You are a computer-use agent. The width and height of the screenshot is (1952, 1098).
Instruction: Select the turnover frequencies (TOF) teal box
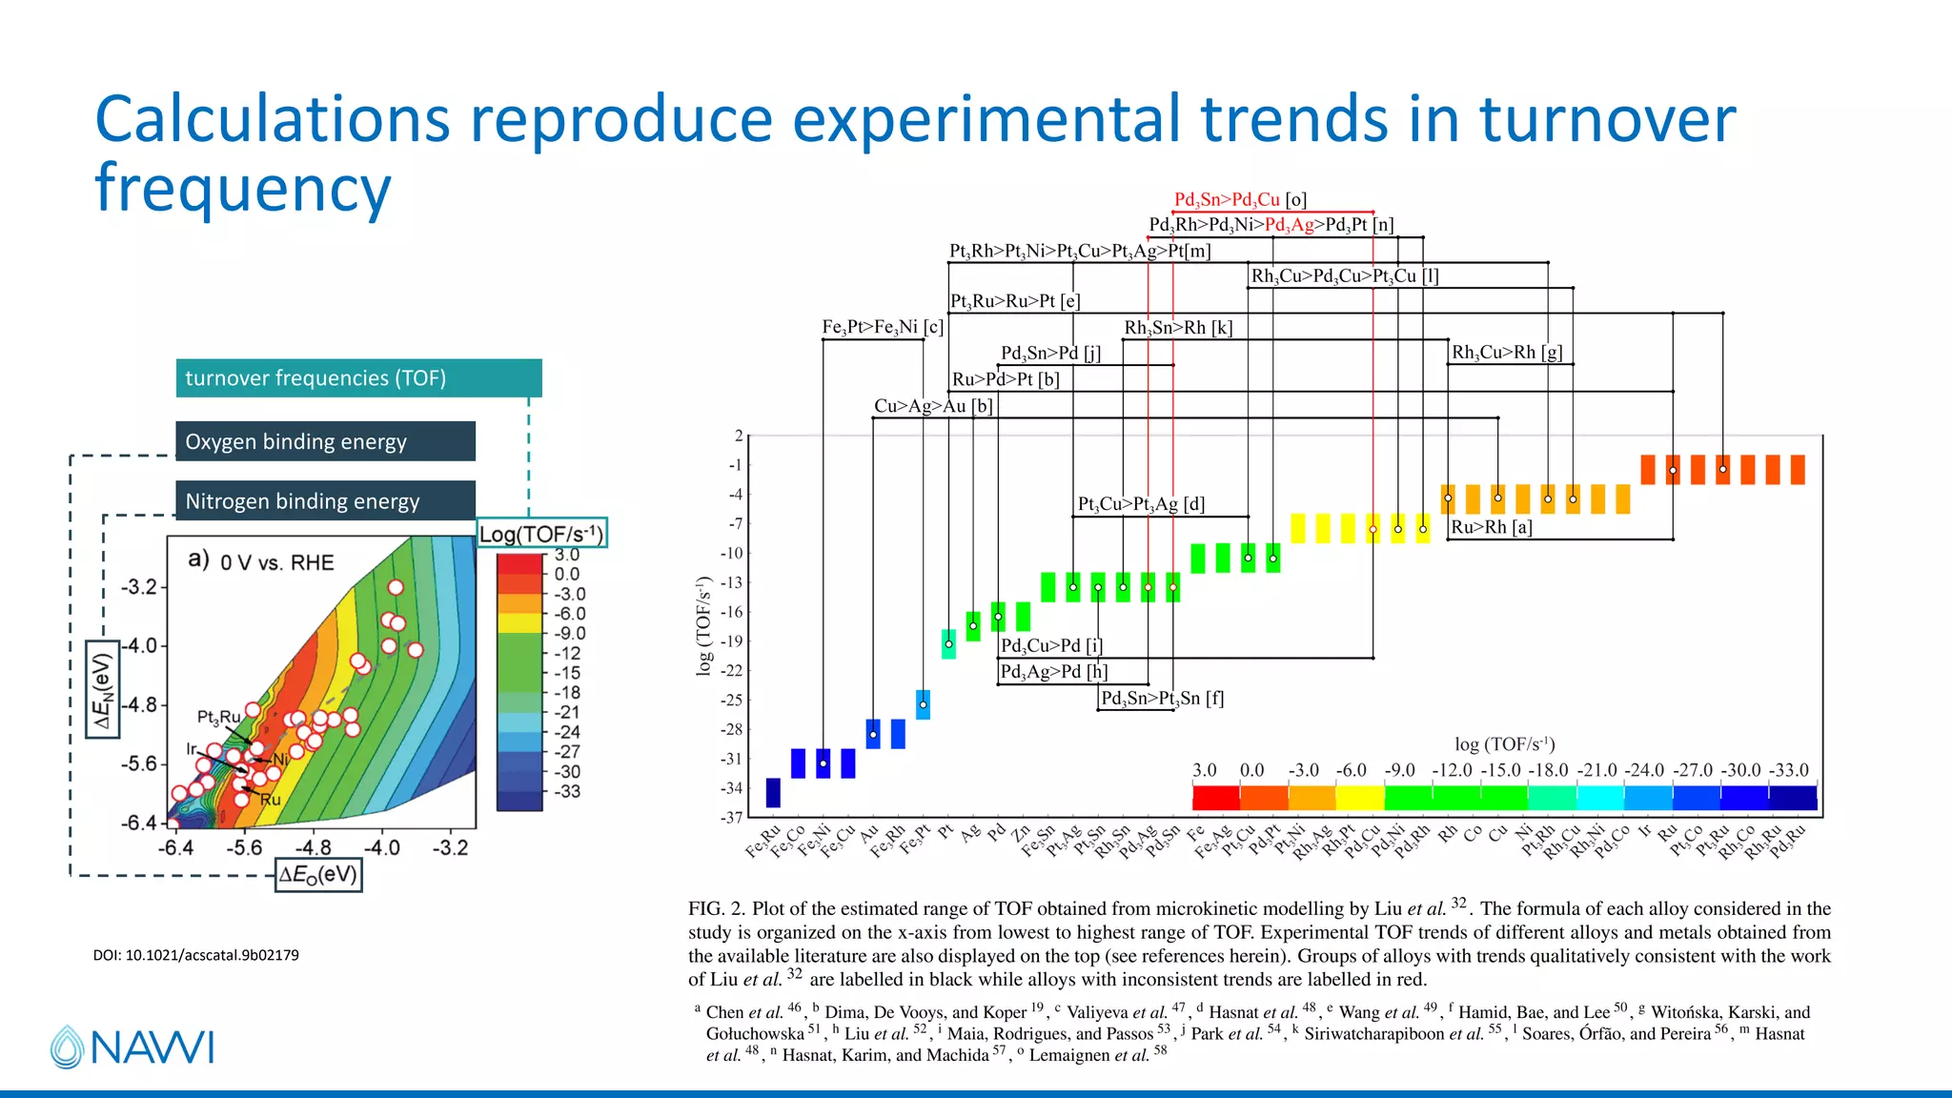tap(358, 378)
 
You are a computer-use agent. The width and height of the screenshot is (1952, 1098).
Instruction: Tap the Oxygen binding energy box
tap(324, 441)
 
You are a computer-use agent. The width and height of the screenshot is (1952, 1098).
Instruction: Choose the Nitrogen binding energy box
tap(324, 500)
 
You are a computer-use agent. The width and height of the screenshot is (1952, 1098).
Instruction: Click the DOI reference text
tap(195, 955)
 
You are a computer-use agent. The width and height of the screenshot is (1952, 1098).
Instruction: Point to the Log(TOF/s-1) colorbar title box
tap(540, 534)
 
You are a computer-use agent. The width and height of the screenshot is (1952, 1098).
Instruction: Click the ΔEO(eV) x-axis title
tap(318, 874)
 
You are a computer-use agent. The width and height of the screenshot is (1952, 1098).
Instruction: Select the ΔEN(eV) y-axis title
tap(102, 691)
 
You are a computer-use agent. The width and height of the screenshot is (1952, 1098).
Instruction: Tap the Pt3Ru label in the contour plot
tap(218, 717)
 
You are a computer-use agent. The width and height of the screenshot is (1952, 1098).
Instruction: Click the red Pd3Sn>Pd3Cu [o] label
tap(1240, 200)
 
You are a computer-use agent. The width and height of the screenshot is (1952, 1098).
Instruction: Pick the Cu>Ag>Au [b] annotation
tap(933, 406)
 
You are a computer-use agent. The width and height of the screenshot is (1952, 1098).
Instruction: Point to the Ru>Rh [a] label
tap(1491, 527)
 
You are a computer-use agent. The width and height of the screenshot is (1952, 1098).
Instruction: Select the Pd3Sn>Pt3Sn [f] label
tap(1162, 698)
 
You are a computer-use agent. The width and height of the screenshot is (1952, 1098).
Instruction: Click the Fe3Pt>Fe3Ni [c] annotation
tap(882, 327)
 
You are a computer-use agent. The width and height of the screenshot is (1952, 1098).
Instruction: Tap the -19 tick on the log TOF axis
tap(732, 641)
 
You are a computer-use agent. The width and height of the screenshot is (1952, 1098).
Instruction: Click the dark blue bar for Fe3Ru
tap(773, 792)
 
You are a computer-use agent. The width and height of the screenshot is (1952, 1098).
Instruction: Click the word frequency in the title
tap(243, 188)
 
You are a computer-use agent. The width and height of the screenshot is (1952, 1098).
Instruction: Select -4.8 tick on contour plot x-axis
tap(313, 847)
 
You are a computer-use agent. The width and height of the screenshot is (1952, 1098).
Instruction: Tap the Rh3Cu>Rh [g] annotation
tap(1506, 353)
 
